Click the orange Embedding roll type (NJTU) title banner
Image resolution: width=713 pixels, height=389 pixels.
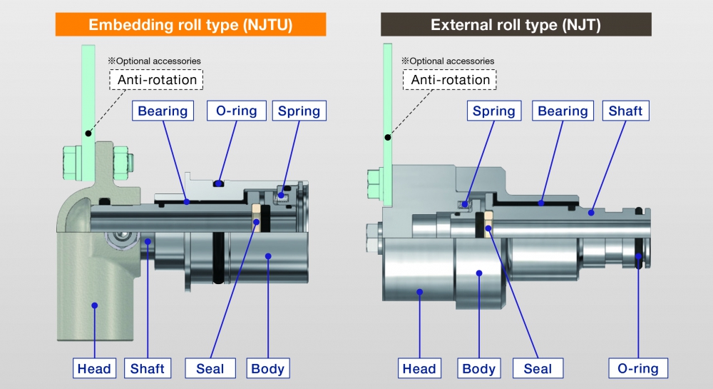[x=190, y=25]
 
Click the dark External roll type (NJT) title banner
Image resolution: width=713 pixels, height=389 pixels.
[x=516, y=25]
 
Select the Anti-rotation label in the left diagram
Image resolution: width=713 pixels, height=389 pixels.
[x=157, y=79]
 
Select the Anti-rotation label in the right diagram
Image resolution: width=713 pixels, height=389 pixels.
[x=451, y=79]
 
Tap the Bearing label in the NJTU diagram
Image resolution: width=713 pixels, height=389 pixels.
[x=163, y=111]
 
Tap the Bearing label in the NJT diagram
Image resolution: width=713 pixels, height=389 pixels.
[x=563, y=111]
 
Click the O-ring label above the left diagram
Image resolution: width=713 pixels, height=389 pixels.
[x=237, y=111]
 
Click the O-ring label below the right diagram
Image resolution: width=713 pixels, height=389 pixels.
[x=638, y=368]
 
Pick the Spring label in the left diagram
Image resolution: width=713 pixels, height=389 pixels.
[x=299, y=111]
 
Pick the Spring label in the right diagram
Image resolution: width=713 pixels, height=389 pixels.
[x=493, y=111]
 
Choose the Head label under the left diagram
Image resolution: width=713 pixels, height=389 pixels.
[x=94, y=368]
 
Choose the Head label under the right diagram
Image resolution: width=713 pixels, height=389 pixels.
[x=419, y=368]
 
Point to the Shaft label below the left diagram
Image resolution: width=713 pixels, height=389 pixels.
[x=147, y=368]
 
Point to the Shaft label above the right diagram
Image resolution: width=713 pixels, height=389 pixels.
[x=625, y=111]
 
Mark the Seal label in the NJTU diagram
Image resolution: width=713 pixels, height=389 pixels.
[x=210, y=368]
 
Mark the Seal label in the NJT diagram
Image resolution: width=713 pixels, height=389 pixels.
[x=538, y=368]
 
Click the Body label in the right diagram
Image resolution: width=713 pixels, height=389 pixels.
[x=478, y=368]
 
